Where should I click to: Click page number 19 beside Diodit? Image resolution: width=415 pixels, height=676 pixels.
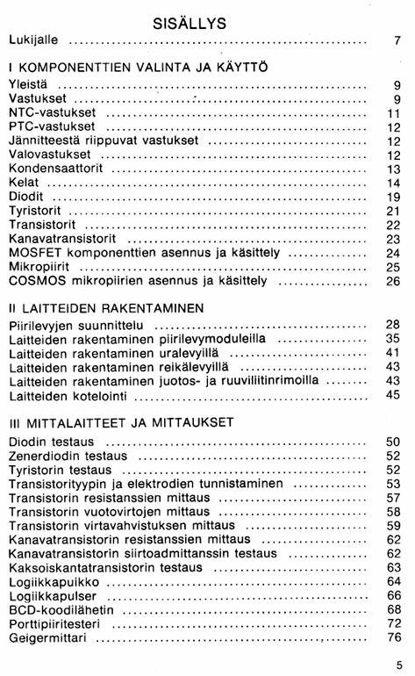(x=392, y=197)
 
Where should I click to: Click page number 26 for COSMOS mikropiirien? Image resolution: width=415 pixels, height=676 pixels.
(x=392, y=281)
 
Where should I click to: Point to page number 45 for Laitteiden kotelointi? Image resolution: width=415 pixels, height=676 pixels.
(x=392, y=394)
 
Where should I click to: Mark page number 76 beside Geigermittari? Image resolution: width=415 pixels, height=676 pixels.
(x=392, y=637)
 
